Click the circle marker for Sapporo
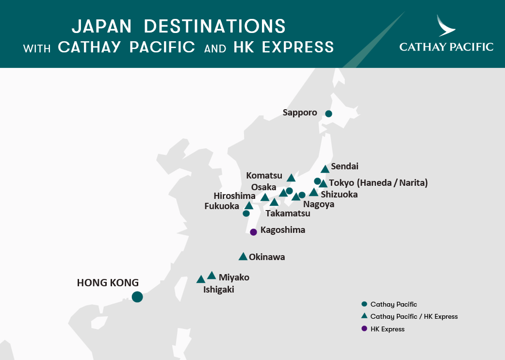point(328,114)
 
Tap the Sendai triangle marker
point(325,169)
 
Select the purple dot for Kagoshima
point(253,232)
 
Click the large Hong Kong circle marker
point(137,296)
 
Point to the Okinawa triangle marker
point(243,257)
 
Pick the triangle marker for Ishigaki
point(201,279)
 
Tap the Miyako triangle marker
point(212,276)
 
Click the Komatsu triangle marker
point(291,178)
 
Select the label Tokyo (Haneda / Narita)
point(378,183)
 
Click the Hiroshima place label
point(234,196)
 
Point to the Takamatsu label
point(288,213)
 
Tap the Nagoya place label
point(319,204)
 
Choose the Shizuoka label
point(339,195)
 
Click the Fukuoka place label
point(222,206)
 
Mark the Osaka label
point(263,187)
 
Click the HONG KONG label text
point(108,282)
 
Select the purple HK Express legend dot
point(364,329)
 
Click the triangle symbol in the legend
point(364,316)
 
